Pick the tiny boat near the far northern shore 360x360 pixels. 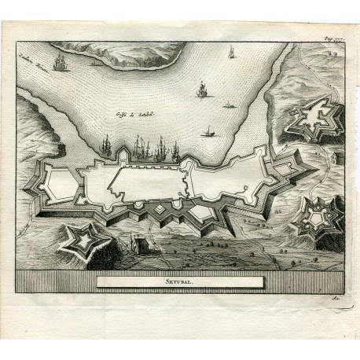tap(96, 63)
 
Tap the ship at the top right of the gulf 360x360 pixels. tap(231, 53)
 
